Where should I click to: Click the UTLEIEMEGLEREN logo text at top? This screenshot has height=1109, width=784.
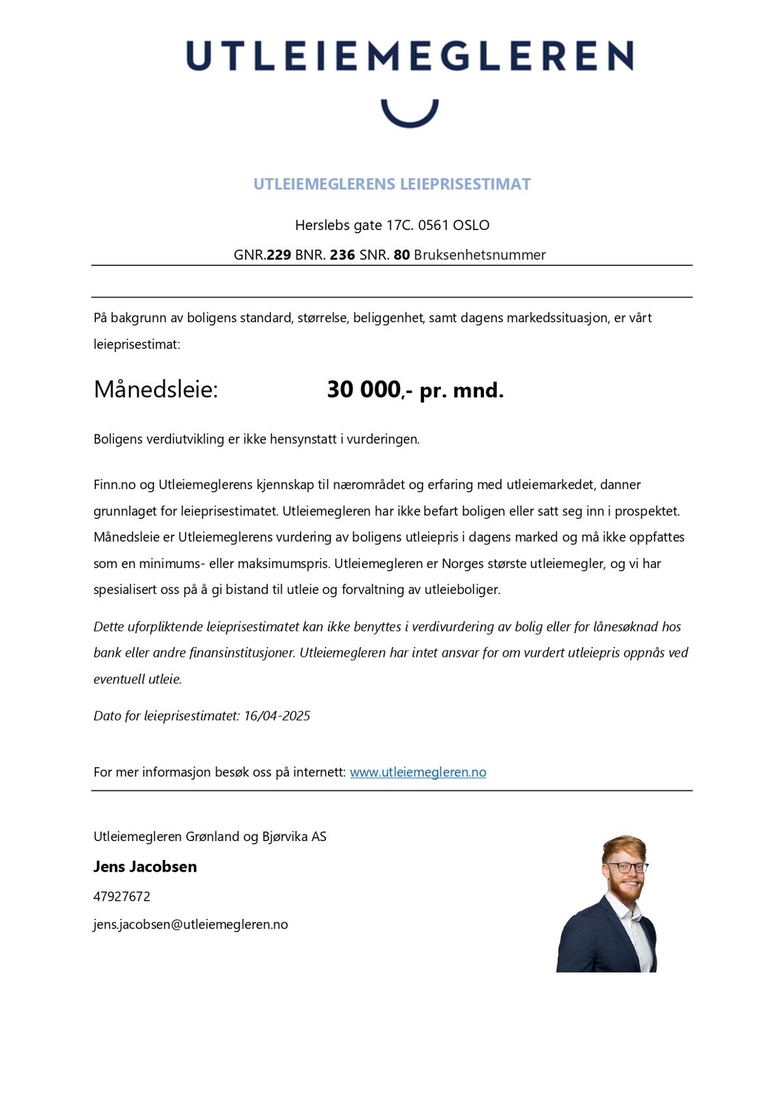pos(409,56)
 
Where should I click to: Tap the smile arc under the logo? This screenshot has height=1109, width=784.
pos(410,117)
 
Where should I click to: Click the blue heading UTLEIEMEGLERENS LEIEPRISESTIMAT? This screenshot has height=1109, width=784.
pos(392,184)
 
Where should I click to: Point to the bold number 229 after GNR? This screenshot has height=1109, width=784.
pos(279,255)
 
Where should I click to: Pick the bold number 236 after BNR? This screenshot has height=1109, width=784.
pos(342,255)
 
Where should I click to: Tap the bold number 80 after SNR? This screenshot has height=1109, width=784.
pos(402,255)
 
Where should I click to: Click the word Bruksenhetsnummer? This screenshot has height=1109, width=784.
pos(480,255)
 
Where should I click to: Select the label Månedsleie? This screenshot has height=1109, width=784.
pos(155,389)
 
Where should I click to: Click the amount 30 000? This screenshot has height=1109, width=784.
pos(363,389)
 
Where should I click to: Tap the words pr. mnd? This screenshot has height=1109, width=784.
pos(461,391)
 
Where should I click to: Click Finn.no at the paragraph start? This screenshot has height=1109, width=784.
pos(114,485)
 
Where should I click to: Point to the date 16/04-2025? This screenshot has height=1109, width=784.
pos(277,716)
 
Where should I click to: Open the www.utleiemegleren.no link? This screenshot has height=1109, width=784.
pos(417,772)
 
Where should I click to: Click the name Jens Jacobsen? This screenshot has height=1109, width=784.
pos(145,867)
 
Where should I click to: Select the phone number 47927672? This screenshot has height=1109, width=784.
pos(122,897)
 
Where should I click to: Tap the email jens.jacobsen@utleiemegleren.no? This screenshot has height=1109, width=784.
pos(191,925)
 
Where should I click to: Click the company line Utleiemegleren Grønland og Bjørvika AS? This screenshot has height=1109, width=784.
pos(210,836)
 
